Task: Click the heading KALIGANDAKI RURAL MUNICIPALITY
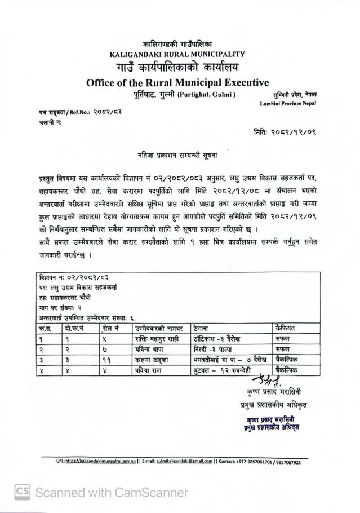[x=177, y=54]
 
